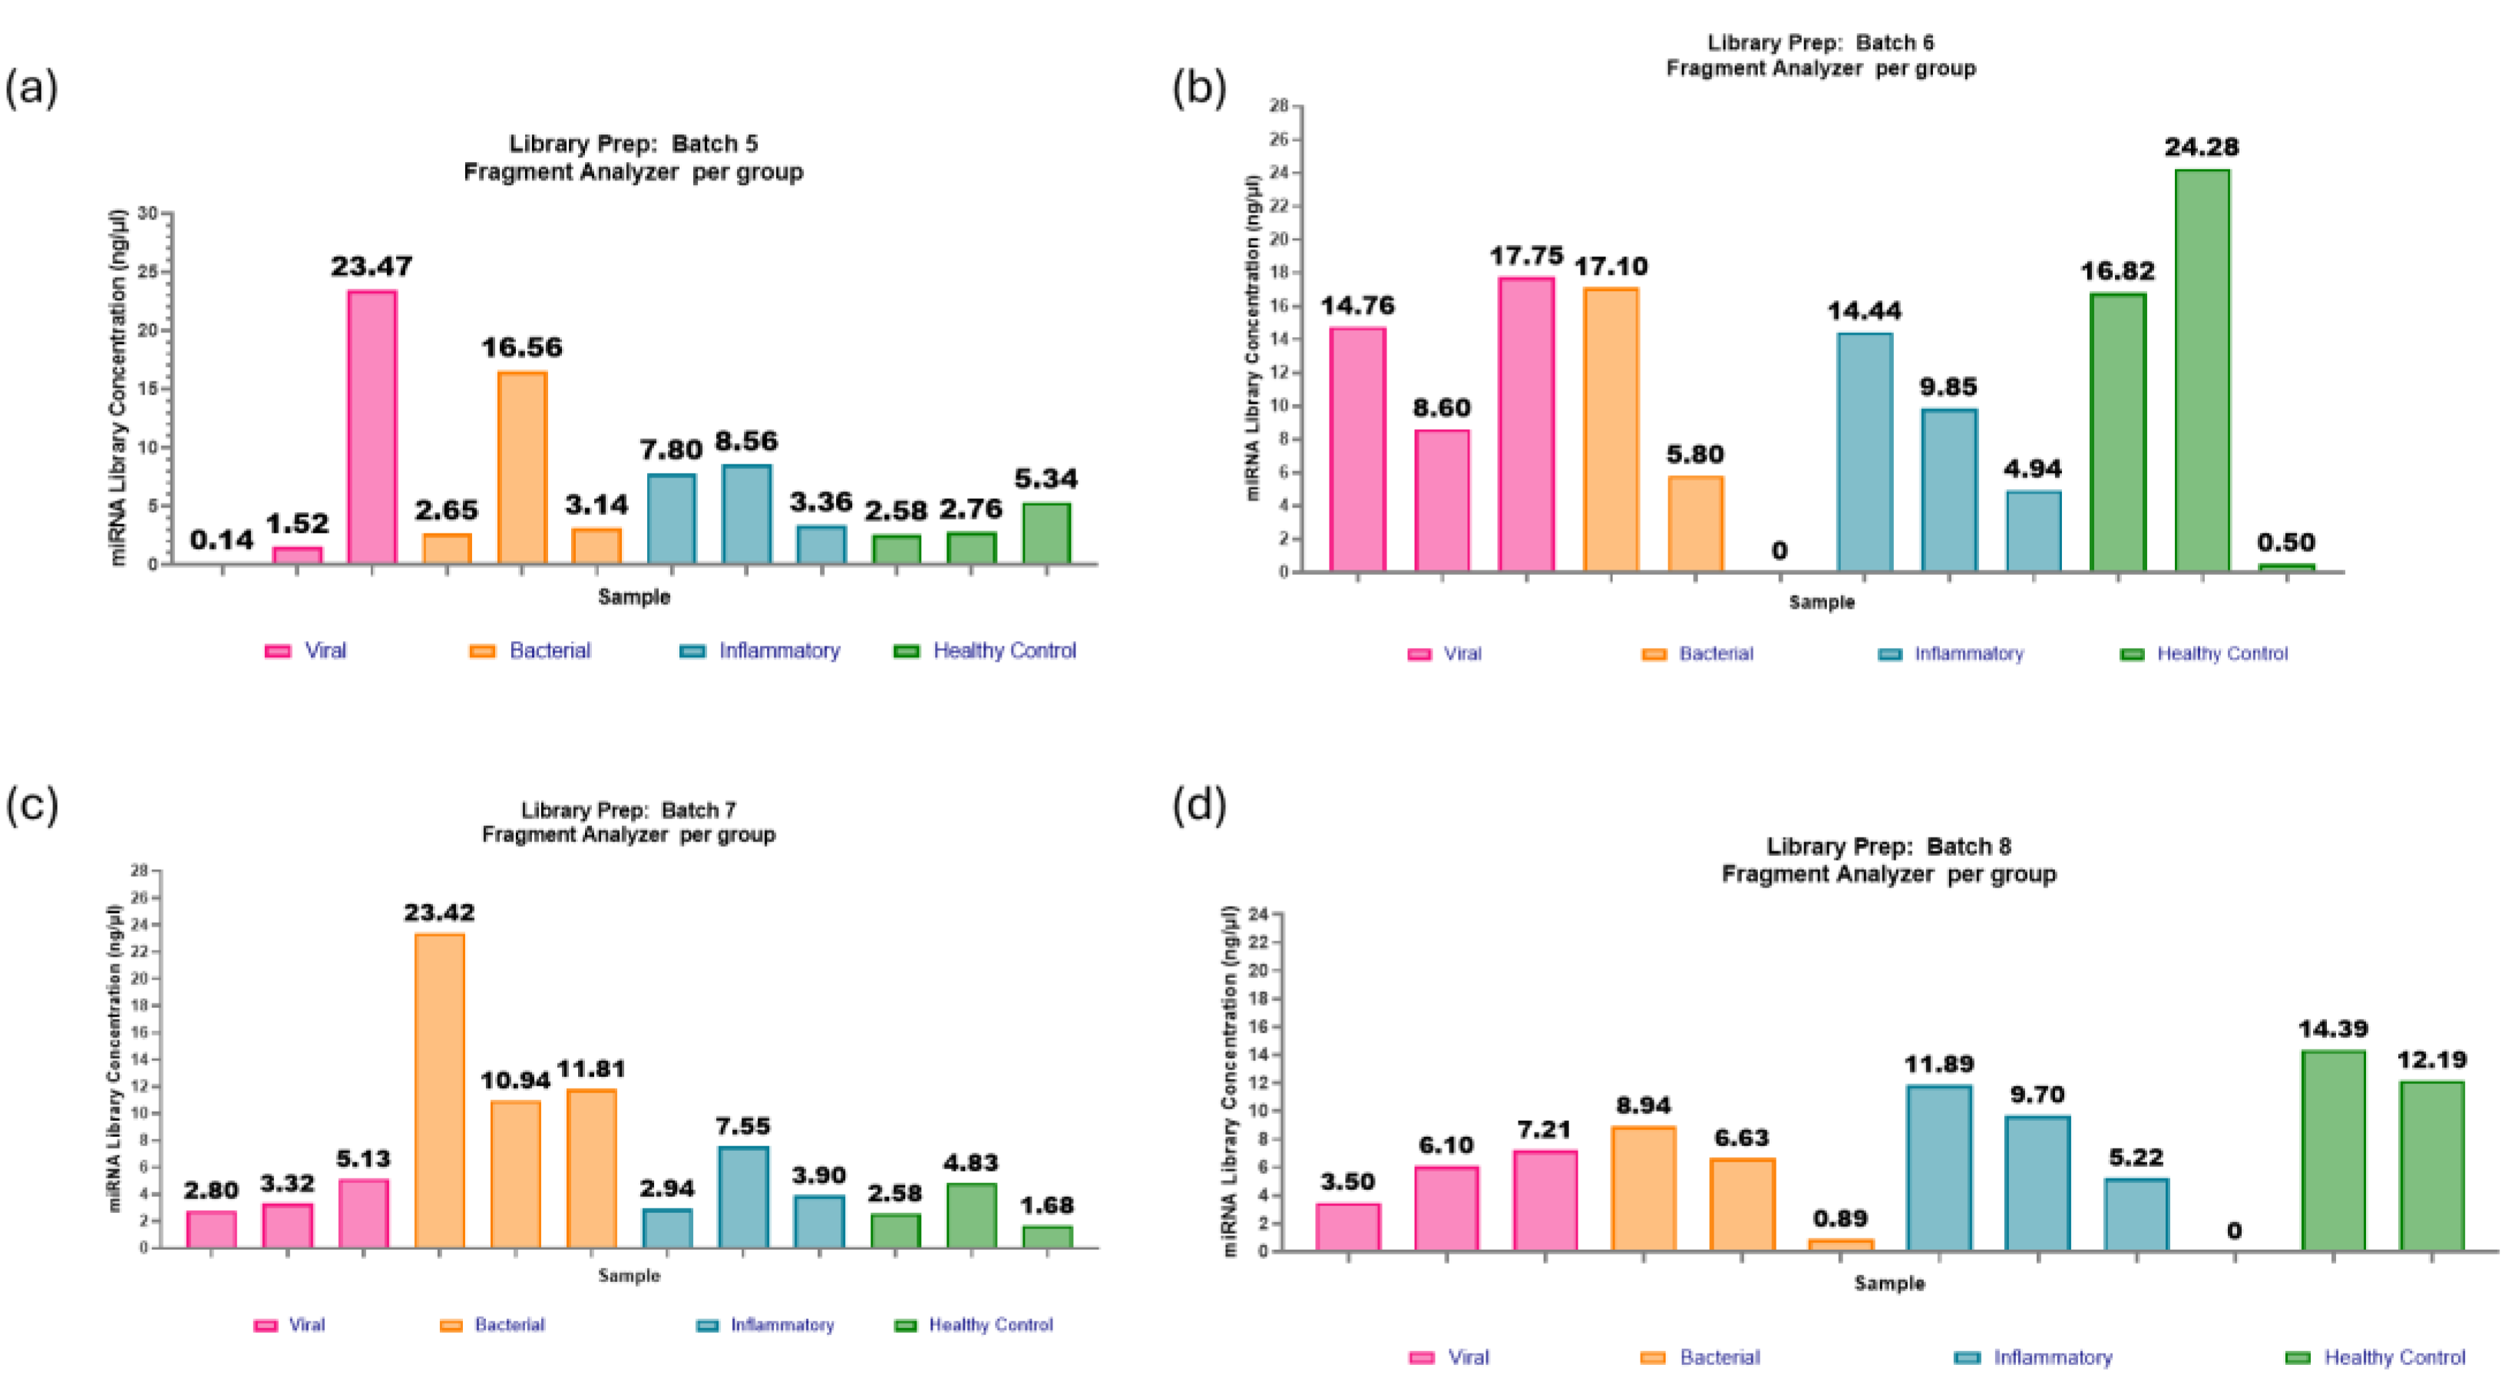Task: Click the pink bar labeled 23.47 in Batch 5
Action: (372, 427)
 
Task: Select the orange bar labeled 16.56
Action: (522, 468)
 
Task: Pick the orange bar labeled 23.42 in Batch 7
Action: (439, 1090)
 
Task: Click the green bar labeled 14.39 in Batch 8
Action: (2333, 1151)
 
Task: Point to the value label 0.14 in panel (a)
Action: (222, 540)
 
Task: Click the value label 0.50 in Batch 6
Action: (2285, 543)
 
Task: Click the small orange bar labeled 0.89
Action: (1841, 1244)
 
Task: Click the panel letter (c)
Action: (31, 805)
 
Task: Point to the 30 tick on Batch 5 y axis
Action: (147, 213)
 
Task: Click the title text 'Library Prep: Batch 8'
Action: (1888, 847)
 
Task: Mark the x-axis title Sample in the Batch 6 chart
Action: (1821, 602)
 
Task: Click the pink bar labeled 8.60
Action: (1442, 500)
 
